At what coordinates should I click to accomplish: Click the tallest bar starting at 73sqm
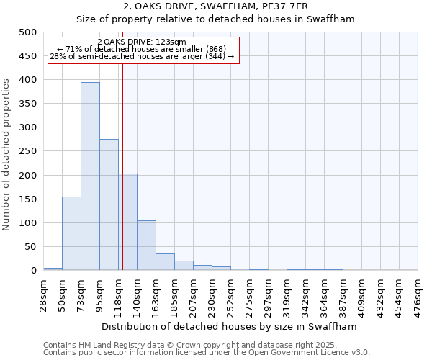coord(90,176)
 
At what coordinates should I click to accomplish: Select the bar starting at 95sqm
coord(109,205)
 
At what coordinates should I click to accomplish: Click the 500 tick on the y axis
coord(28,32)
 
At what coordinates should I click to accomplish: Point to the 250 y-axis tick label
coord(28,152)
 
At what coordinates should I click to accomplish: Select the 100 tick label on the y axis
coord(28,223)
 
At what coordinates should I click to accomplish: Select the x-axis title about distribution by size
coord(230,326)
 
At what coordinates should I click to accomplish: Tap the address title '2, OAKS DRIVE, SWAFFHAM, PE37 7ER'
coord(215,6)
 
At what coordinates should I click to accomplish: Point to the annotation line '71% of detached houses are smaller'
coord(142,49)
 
